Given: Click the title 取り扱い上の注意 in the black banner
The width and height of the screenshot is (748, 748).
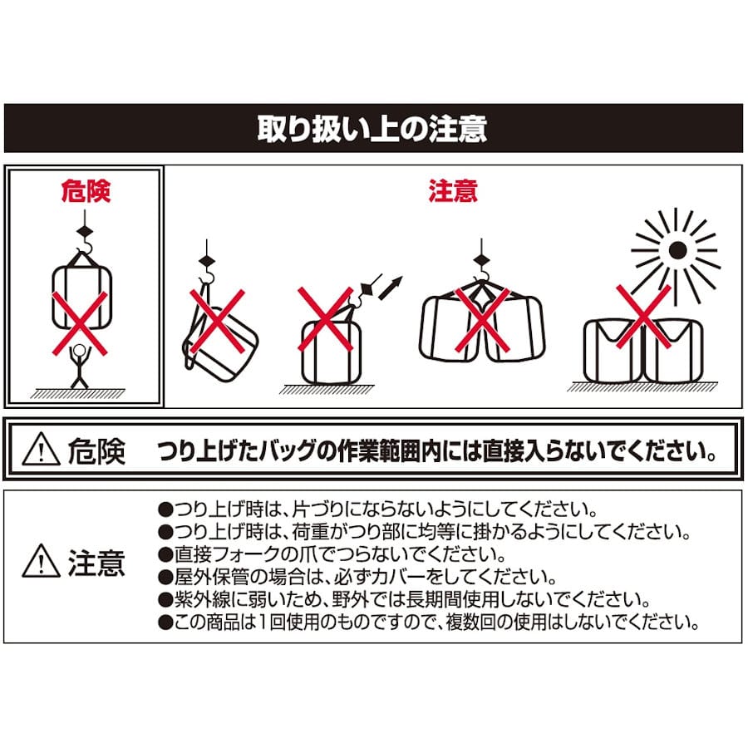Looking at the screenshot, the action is pos(372,129).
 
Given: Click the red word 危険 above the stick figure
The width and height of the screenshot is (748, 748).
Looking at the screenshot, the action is pos(86,191).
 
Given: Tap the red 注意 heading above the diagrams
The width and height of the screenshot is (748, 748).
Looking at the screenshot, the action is pos(453,191).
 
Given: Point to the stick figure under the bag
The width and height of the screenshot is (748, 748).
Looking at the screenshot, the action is pos(80,367).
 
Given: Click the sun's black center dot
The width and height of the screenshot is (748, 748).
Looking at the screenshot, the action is pos(677,250).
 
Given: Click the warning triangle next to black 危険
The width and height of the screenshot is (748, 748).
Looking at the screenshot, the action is pos(41,449).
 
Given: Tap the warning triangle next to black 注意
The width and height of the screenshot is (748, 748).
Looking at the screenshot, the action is pos(41,561).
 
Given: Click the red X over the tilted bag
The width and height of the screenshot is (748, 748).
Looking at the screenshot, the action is pos(218,321).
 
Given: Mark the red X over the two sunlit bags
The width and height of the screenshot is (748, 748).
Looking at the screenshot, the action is pos(643,317).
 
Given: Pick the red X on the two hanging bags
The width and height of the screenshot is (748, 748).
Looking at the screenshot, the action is pos(482,320).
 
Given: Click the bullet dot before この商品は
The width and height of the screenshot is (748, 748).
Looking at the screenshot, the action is pos(165,623).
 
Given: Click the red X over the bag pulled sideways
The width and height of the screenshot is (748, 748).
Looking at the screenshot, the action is pos(325,319).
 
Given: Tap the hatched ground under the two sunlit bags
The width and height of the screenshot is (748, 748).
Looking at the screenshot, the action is pos(642,386).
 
